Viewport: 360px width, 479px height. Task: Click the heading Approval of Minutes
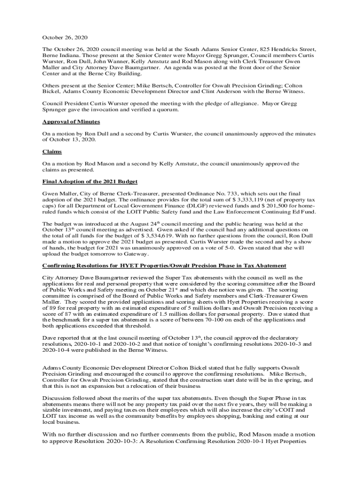click(71, 122)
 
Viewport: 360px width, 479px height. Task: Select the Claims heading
click(52, 152)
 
